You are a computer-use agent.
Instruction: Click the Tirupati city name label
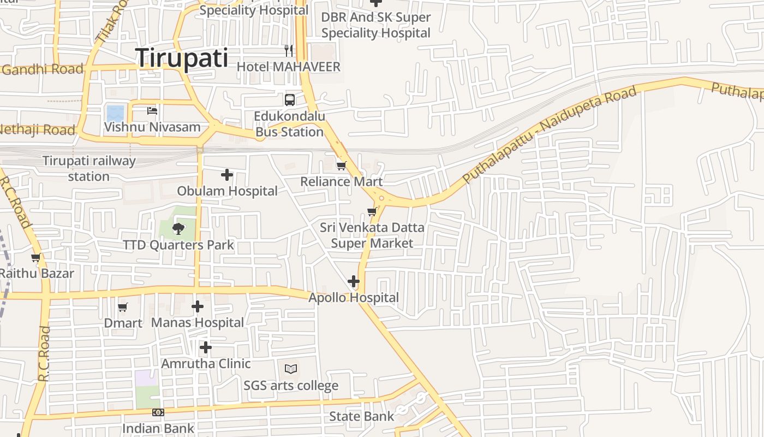click(x=182, y=57)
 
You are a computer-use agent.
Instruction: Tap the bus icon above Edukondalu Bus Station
click(x=289, y=99)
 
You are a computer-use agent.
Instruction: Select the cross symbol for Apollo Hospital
click(x=354, y=281)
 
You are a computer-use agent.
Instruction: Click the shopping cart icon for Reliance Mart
click(x=341, y=165)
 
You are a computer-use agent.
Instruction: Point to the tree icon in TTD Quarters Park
click(x=178, y=228)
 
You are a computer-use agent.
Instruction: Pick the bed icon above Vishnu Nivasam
click(x=152, y=110)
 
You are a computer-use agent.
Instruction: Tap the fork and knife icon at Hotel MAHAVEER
click(x=289, y=51)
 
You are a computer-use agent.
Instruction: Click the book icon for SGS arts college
click(x=291, y=369)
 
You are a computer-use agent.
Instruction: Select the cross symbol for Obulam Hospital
click(x=227, y=175)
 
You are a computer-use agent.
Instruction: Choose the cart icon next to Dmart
click(x=123, y=307)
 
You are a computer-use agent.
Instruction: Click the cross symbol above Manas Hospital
click(x=198, y=306)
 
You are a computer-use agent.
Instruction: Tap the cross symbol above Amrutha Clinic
click(x=205, y=347)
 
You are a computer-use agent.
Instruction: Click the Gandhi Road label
click(x=43, y=69)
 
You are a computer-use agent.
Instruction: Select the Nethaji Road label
click(x=37, y=130)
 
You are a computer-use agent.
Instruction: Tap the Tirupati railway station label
click(x=89, y=168)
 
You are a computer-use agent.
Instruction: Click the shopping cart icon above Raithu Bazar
click(x=36, y=257)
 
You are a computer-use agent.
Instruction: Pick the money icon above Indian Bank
click(x=158, y=412)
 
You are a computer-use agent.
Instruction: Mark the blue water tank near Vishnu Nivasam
click(x=116, y=113)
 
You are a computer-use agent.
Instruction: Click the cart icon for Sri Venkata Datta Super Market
click(x=372, y=211)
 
